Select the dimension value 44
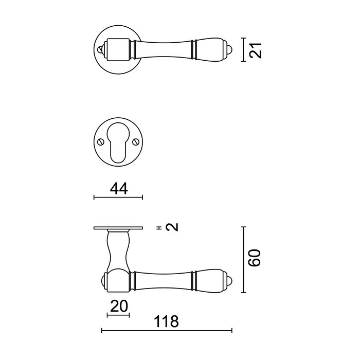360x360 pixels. pyautogui.click(x=119, y=189)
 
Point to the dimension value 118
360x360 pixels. pyautogui.click(x=167, y=322)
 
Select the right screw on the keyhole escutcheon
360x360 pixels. pyautogui.click(x=137, y=142)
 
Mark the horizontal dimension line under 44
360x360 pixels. pyautogui.click(x=118, y=197)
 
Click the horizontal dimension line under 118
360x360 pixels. pyautogui.click(x=167, y=330)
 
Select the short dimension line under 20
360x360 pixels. pyautogui.click(x=118, y=315)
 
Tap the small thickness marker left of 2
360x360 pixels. pyautogui.click(x=159, y=227)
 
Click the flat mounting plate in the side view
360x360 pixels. pyautogui.click(x=118, y=228)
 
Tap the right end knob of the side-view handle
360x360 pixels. pyautogui.click(x=231, y=280)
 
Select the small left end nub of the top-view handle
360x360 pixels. pyautogui.click(x=100, y=50)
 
